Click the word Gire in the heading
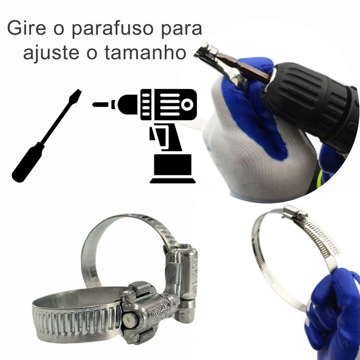pyautogui.click(x=27, y=28)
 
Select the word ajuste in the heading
pyautogui.click(x=51, y=53)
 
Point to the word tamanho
pyautogui.click(x=145, y=52)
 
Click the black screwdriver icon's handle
pyautogui.click(x=28, y=162)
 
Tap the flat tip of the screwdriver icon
pyautogui.click(x=77, y=94)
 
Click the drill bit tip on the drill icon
pyautogui.click(x=100, y=105)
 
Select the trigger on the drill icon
pyautogui.click(x=153, y=134)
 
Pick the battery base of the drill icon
pyautogui.click(x=172, y=169)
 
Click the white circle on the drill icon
pyautogui.click(x=187, y=105)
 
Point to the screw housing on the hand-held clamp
pyautogui.click(x=295, y=212)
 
